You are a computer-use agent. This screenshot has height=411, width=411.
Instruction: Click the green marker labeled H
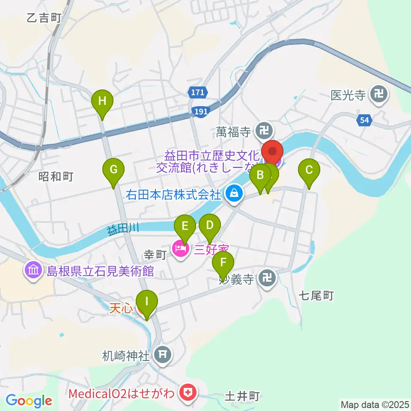tap(102, 102)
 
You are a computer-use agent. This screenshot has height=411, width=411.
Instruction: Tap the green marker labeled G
tap(113, 170)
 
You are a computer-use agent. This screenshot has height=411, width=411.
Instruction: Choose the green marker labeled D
tap(209, 226)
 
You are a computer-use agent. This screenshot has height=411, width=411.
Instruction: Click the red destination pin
tap(272, 152)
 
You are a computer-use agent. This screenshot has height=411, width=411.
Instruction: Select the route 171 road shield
tap(198, 92)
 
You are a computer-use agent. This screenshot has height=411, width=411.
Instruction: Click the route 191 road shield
tap(200, 111)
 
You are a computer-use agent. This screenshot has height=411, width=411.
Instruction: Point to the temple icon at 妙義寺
tap(268, 280)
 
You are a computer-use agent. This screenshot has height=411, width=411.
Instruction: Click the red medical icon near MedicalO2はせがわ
tap(187, 391)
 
